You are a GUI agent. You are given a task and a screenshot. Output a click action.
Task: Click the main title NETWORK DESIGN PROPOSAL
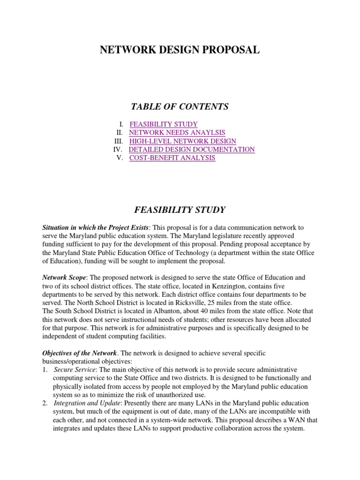tap(180, 50)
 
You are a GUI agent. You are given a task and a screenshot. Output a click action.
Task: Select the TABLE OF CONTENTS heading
tap(180, 107)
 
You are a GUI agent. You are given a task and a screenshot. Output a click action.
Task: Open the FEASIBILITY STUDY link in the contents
tap(164, 124)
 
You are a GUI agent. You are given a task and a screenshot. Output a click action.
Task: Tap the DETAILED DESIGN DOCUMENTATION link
tap(192, 150)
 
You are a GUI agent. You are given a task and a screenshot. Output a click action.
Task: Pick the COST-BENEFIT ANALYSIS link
tap(172, 158)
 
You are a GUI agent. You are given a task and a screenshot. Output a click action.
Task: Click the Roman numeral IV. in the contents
tap(118, 150)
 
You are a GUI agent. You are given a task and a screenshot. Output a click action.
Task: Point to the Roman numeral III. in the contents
tap(119, 141)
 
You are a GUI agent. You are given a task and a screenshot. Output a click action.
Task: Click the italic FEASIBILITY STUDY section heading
tap(180, 210)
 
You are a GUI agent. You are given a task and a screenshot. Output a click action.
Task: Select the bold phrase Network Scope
tap(64, 277)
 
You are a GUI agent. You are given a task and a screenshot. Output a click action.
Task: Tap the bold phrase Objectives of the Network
tap(79, 352)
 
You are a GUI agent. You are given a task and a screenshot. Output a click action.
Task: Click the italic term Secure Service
tap(72, 369)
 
